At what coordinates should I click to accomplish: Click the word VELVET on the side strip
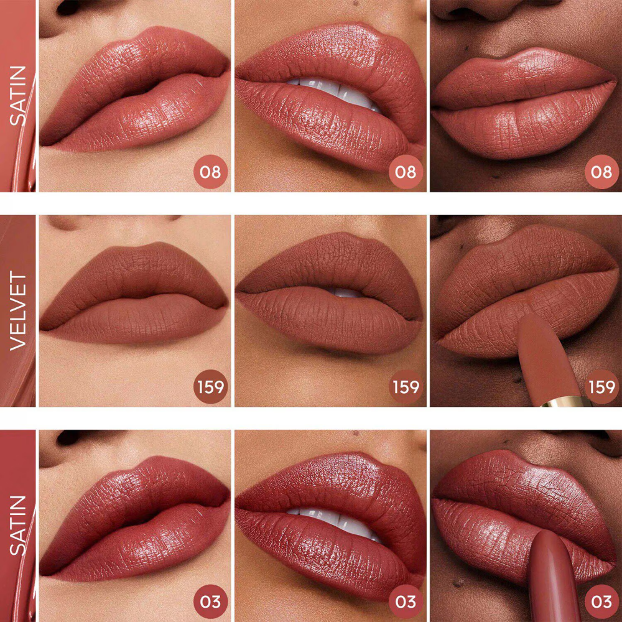(18, 310)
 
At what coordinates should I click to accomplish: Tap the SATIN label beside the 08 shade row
(18, 96)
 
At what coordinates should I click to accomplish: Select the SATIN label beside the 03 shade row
(18, 526)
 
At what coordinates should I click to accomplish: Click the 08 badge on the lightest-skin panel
(210, 172)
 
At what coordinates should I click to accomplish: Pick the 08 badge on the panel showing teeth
(406, 172)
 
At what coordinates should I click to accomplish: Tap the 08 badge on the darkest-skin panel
(601, 172)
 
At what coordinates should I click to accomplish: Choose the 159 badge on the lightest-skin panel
(210, 387)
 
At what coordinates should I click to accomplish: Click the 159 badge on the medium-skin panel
(406, 387)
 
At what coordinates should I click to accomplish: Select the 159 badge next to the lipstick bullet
(601, 387)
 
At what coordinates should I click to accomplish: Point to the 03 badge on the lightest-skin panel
(210, 601)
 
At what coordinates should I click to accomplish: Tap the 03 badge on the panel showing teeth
(406, 601)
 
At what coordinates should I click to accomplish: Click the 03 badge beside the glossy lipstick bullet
(601, 601)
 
